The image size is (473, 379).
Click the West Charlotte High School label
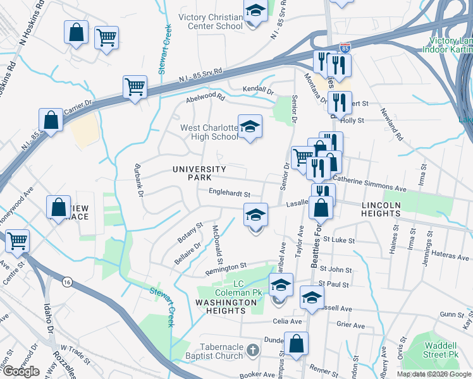(209, 132)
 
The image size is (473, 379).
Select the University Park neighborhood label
(199, 174)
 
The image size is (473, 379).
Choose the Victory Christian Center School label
(211, 21)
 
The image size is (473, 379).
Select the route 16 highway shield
(66, 282)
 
